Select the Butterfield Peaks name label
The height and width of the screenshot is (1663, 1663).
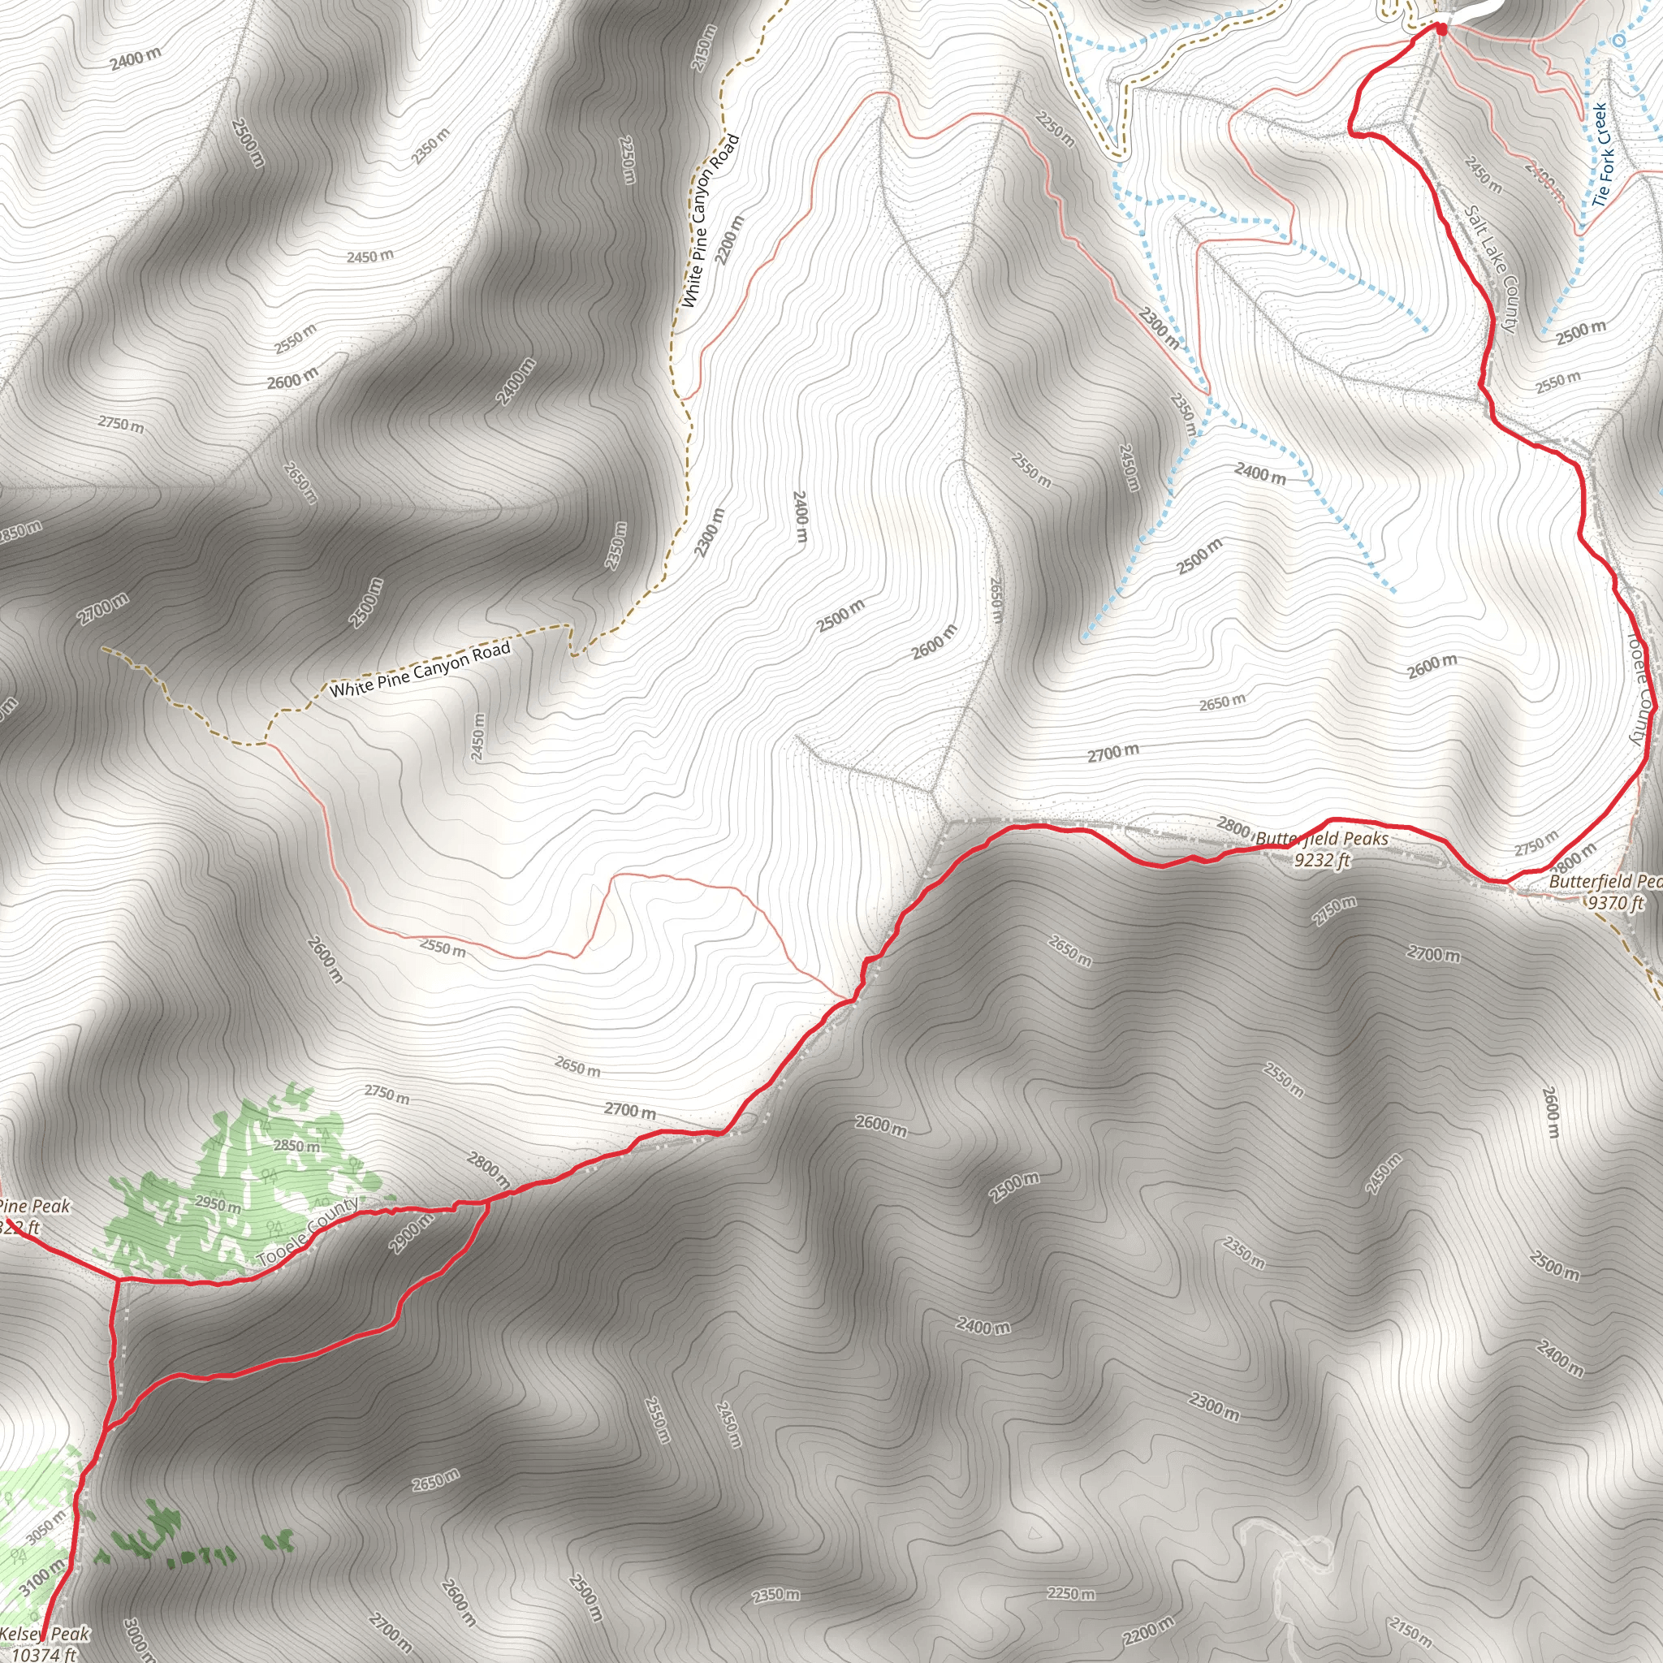coord(1321,838)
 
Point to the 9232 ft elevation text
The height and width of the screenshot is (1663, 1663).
coord(1322,859)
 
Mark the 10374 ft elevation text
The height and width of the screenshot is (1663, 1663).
coord(45,1653)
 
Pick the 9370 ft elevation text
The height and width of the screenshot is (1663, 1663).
coord(1615,902)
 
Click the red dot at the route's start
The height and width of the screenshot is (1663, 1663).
coord(1441,30)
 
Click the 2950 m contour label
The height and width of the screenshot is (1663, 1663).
coord(218,1203)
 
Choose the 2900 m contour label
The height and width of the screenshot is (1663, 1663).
coord(411,1233)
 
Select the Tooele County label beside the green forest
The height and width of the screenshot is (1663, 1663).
coord(308,1233)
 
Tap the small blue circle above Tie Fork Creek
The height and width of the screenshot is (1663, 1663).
coord(1619,41)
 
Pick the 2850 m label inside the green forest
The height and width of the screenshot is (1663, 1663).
coord(297,1146)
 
